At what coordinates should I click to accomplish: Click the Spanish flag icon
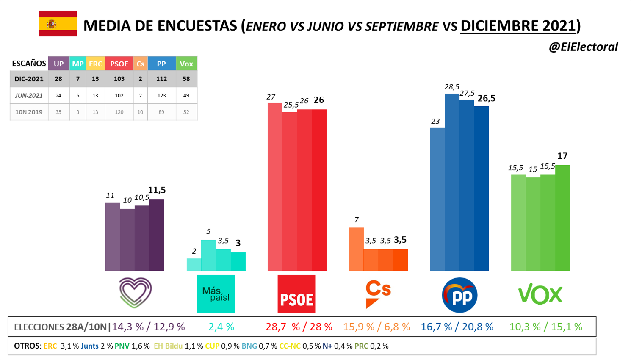[58, 24]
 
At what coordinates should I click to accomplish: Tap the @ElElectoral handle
[583, 47]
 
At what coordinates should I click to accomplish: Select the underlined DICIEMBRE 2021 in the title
[518, 26]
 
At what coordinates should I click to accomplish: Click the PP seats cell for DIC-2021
[161, 79]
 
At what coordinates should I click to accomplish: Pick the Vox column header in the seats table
[186, 64]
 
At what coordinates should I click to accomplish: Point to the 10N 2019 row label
[29, 112]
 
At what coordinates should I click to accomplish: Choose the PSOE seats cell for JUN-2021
[119, 96]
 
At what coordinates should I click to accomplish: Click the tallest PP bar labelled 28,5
[452, 182]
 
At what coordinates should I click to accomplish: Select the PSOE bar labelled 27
[275, 186]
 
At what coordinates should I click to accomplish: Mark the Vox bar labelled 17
[562, 218]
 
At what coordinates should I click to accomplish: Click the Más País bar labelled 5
[208, 255]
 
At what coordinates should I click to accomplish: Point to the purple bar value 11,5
[157, 190]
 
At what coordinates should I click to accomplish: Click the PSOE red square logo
[296, 294]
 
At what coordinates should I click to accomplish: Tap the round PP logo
[459, 295]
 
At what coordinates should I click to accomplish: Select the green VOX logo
[540, 294]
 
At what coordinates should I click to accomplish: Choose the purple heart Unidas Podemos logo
[135, 292]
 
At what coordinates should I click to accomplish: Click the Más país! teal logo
[216, 294]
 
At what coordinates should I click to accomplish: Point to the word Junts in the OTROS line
[89, 346]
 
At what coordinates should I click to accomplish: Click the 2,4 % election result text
[221, 327]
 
